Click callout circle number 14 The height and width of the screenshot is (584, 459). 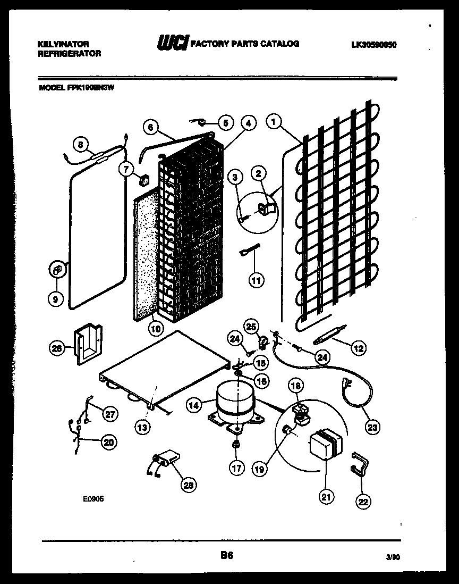pyautogui.click(x=194, y=405)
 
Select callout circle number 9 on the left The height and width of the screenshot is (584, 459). pyautogui.click(x=56, y=299)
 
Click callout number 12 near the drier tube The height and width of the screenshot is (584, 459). pyautogui.click(x=359, y=348)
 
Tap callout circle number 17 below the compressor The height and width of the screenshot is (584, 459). pyautogui.click(x=237, y=468)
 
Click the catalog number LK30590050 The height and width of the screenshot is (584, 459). pyautogui.click(x=373, y=45)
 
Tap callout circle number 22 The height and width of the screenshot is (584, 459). pyautogui.click(x=364, y=500)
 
